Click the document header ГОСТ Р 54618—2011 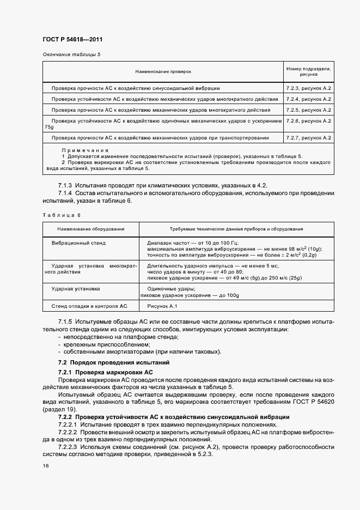72,40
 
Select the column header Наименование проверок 163,71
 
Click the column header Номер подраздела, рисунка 309,71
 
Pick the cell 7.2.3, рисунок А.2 309,88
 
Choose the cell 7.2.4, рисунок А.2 309,99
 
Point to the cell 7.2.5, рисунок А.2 309,110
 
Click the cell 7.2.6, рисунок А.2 309,121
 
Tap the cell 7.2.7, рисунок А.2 309,137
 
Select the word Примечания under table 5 85,150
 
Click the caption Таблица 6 58,215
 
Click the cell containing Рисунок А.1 158,307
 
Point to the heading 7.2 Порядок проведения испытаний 114,362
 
